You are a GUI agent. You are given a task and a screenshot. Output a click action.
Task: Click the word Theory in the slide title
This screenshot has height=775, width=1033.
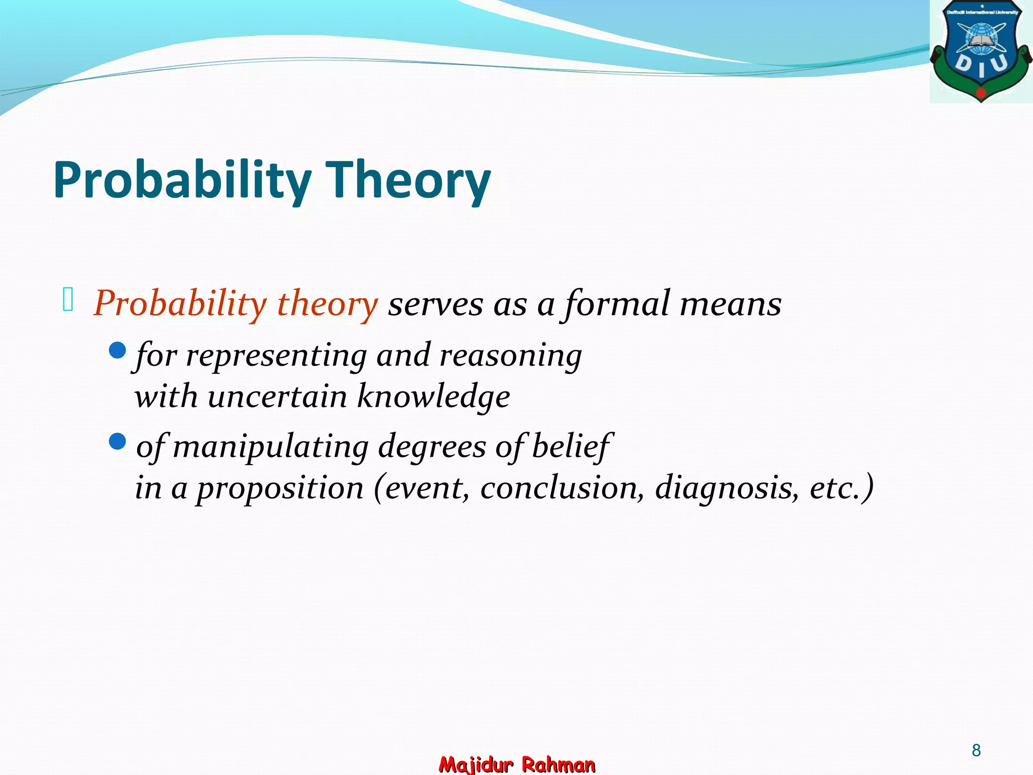pyautogui.click(x=409, y=181)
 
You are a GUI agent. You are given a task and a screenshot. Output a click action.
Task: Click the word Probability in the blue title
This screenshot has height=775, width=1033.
pyautogui.click(x=182, y=181)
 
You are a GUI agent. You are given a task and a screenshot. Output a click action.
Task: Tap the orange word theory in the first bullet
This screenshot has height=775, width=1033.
pyautogui.click(x=327, y=304)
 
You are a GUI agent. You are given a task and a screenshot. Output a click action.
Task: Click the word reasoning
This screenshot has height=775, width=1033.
pyautogui.click(x=510, y=356)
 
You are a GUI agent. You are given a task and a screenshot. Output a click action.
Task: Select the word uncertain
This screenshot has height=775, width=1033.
pyautogui.click(x=277, y=397)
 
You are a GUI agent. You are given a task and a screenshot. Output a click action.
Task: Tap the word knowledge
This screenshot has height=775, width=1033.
pyautogui.click(x=433, y=397)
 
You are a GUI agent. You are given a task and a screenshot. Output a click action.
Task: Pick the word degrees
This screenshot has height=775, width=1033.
pyautogui.click(x=432, y=448)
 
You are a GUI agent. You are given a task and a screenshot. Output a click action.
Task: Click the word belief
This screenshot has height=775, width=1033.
pyautogui.click(x=571, y=447)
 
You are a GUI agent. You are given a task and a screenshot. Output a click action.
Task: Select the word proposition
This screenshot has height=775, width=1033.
pyautogui.click(x=280, y=489)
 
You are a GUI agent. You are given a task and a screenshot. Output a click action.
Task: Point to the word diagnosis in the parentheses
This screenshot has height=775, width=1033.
pyautogui.click(x=727, y=488)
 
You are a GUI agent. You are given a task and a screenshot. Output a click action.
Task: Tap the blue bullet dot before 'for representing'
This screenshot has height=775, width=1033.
pyautogui.click(x=117, y=350)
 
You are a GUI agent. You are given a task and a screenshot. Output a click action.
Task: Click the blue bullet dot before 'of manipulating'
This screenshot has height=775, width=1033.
pyautogui.click(x=117, y=442)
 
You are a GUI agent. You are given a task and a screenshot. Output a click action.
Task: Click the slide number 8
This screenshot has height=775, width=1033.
pyautogui.click(x=976, y=750)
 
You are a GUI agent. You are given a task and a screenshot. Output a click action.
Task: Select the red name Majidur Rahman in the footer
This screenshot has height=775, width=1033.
pyautogui.click(x=517, y=764)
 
